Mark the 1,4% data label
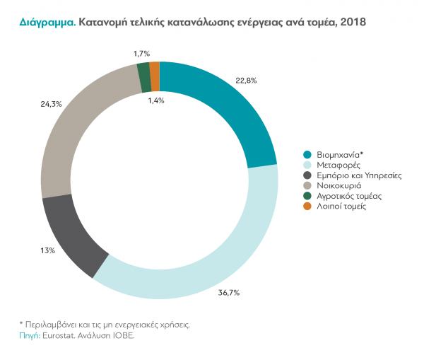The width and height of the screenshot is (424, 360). tap(156, 100)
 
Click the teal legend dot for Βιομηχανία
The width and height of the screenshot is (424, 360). tap(307, 155)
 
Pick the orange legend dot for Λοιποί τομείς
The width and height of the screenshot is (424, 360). tap(307, 206)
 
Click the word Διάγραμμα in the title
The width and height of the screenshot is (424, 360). tap(47, 23)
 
